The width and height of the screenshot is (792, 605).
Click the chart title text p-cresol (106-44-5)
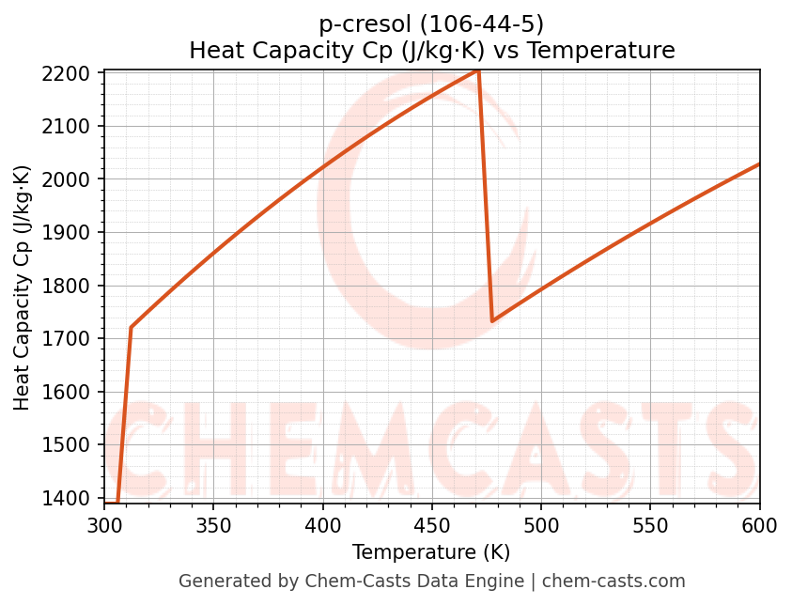tap(431, 24)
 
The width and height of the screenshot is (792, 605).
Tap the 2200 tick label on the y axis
tap(71, 73)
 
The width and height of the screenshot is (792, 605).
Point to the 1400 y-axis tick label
tap(71, 498)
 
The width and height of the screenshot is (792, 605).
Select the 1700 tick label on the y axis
tap(71, 339)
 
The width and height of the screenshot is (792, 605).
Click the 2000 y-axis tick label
tap(71, 179)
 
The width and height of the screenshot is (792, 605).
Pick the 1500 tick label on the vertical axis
tap(71, 445)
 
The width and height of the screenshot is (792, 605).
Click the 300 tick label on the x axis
tap(104, 524)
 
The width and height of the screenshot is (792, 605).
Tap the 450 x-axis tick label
tap(431, 524)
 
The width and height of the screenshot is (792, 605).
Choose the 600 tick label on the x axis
tap(758, 524)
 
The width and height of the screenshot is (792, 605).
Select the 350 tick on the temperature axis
tap(213, 524)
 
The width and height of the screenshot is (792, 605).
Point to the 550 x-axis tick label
tap(650, 524)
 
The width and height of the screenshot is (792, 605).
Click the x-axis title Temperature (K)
tap(431, 552)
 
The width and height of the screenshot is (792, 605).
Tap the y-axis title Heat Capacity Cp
tap(23, 287)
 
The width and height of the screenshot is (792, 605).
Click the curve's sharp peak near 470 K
tap(478, 70)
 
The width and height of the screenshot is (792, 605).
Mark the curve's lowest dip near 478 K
tap(492, 321)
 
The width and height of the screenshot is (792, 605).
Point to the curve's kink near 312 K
tap(131, 327)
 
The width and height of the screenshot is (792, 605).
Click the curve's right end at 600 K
tap(759, 164)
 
